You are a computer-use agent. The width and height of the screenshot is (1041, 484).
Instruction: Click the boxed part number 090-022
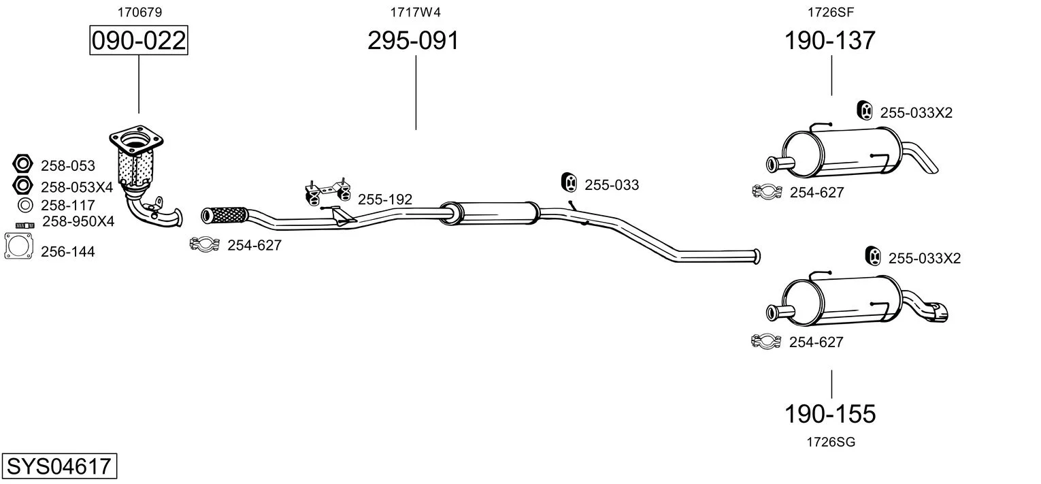[x=139, y=40]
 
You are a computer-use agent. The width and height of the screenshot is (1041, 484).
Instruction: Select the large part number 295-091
[x=413, y=40]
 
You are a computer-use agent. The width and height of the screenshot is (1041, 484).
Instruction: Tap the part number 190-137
[x=830, y=40]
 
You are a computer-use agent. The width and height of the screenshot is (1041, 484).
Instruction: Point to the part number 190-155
[x=830, y=414]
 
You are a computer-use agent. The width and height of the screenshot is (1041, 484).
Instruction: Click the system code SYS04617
[x=59, y=466]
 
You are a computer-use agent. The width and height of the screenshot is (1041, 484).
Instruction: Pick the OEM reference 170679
[x=139, y=12]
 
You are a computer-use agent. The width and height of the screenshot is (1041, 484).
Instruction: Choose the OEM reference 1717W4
[x=415, y=12]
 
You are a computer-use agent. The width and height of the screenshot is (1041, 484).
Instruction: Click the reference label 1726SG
[x=831, y=442]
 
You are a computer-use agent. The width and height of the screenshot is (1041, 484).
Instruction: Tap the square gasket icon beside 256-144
[x=18, y=246]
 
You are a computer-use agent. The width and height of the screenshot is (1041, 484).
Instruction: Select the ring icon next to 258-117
[x=24, y=205]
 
